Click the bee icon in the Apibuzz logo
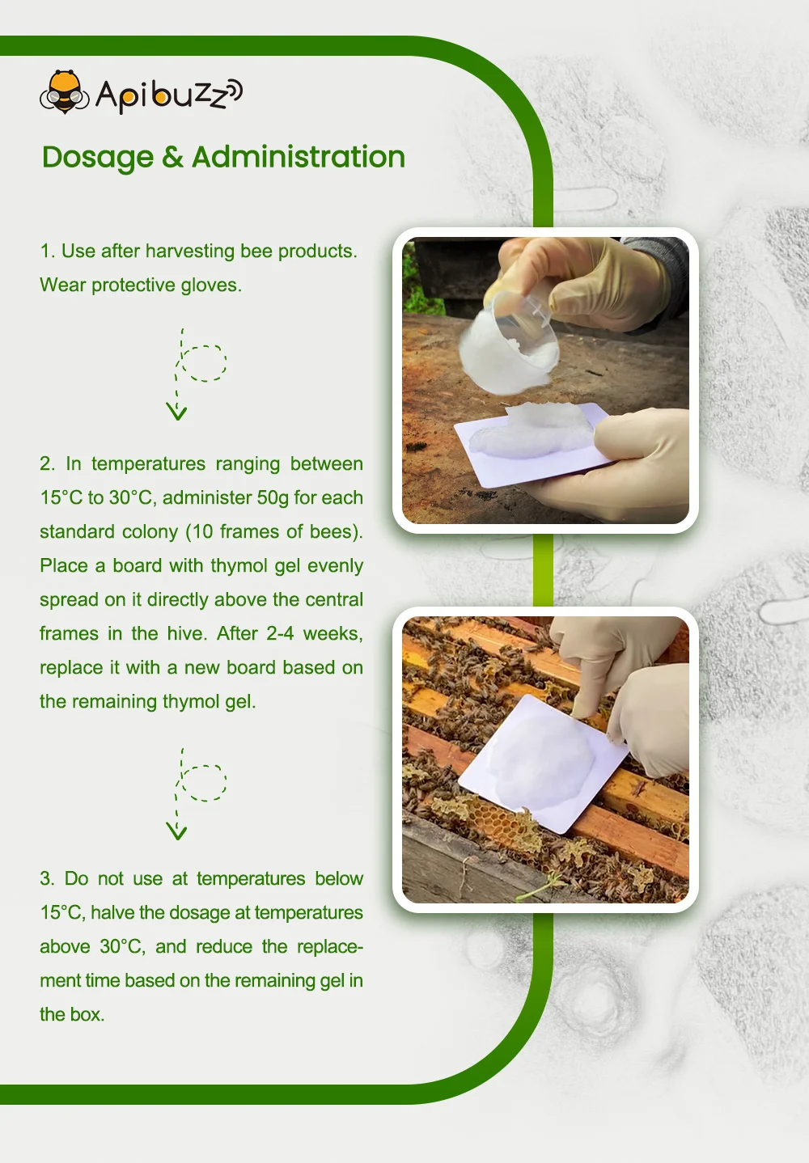point(64,92)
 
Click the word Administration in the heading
point(298,157)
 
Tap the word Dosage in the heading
point(97,158)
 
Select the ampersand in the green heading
point(172,158)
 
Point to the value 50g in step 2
point(273,497)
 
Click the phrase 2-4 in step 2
point(280,633)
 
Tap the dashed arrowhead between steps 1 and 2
point(176,412)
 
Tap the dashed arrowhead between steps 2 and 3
point(176,831)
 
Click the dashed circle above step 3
point(203,782)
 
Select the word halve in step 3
point(112,912)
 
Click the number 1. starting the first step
point(47,252)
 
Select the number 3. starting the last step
point(47,879)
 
